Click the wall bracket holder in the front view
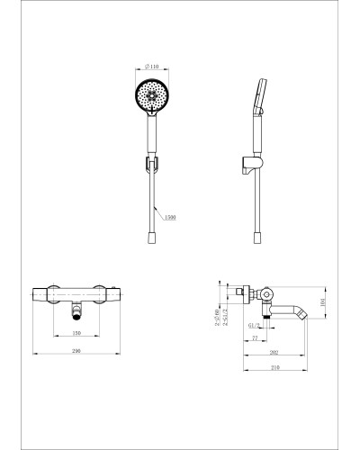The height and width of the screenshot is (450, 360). pos(151,165)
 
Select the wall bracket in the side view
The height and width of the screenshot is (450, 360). pos(251,165)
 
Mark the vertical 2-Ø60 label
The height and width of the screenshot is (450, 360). pos(219,317)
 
